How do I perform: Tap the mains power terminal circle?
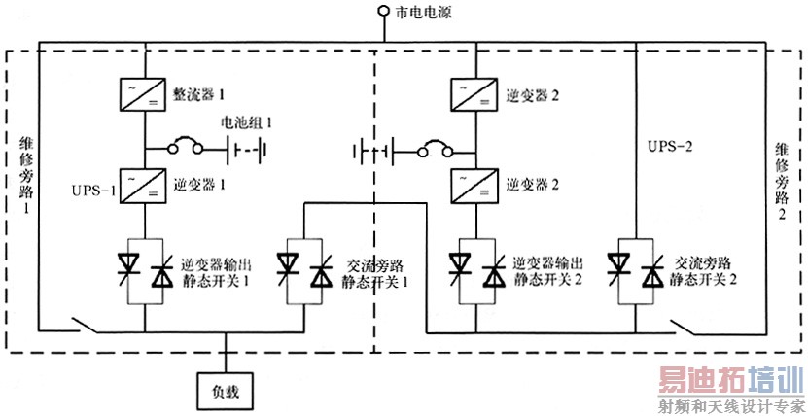(384, 13)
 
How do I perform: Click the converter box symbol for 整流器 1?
(143, 94)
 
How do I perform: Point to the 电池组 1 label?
(247, 123)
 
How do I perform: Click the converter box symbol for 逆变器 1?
(143, 182)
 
